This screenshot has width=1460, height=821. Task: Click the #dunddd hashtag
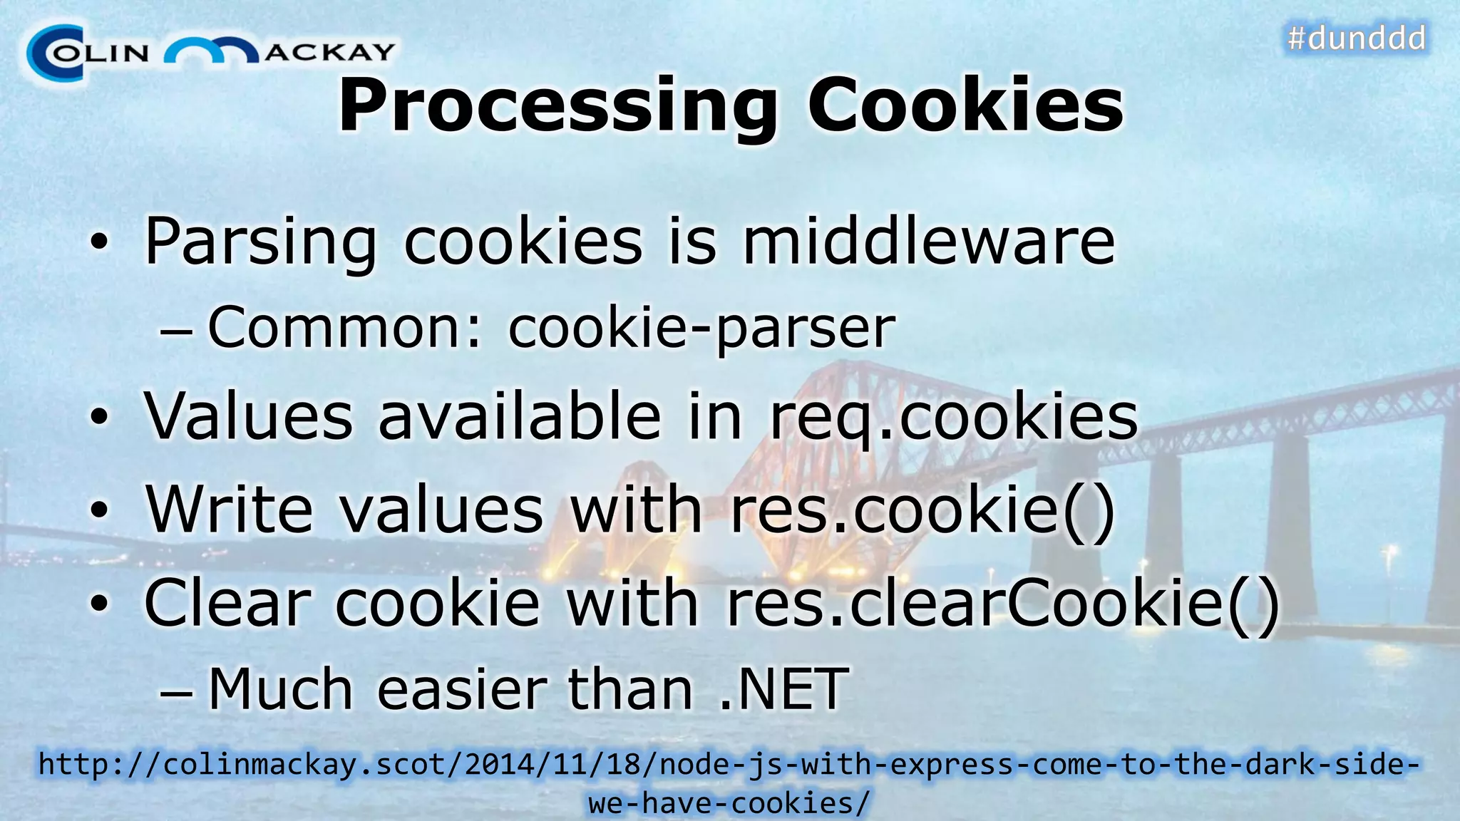[1356, 38]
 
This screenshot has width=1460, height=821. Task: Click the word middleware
[928, 242]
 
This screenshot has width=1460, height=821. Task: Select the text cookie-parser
[701, 328]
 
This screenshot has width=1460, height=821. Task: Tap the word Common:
[345, 328]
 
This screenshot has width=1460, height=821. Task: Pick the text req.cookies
[953, 417]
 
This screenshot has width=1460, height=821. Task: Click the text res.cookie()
[922, 509]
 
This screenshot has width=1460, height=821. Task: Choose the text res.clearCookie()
[1002, 603]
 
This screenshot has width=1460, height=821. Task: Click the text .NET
[783, 689]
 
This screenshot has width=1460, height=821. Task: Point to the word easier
[461, 689]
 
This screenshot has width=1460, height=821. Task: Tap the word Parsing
[260, 242]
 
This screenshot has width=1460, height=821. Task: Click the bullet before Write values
[100, 510]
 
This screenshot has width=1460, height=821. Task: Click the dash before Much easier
[175, 691]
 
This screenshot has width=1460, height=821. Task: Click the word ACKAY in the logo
[329, 52]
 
